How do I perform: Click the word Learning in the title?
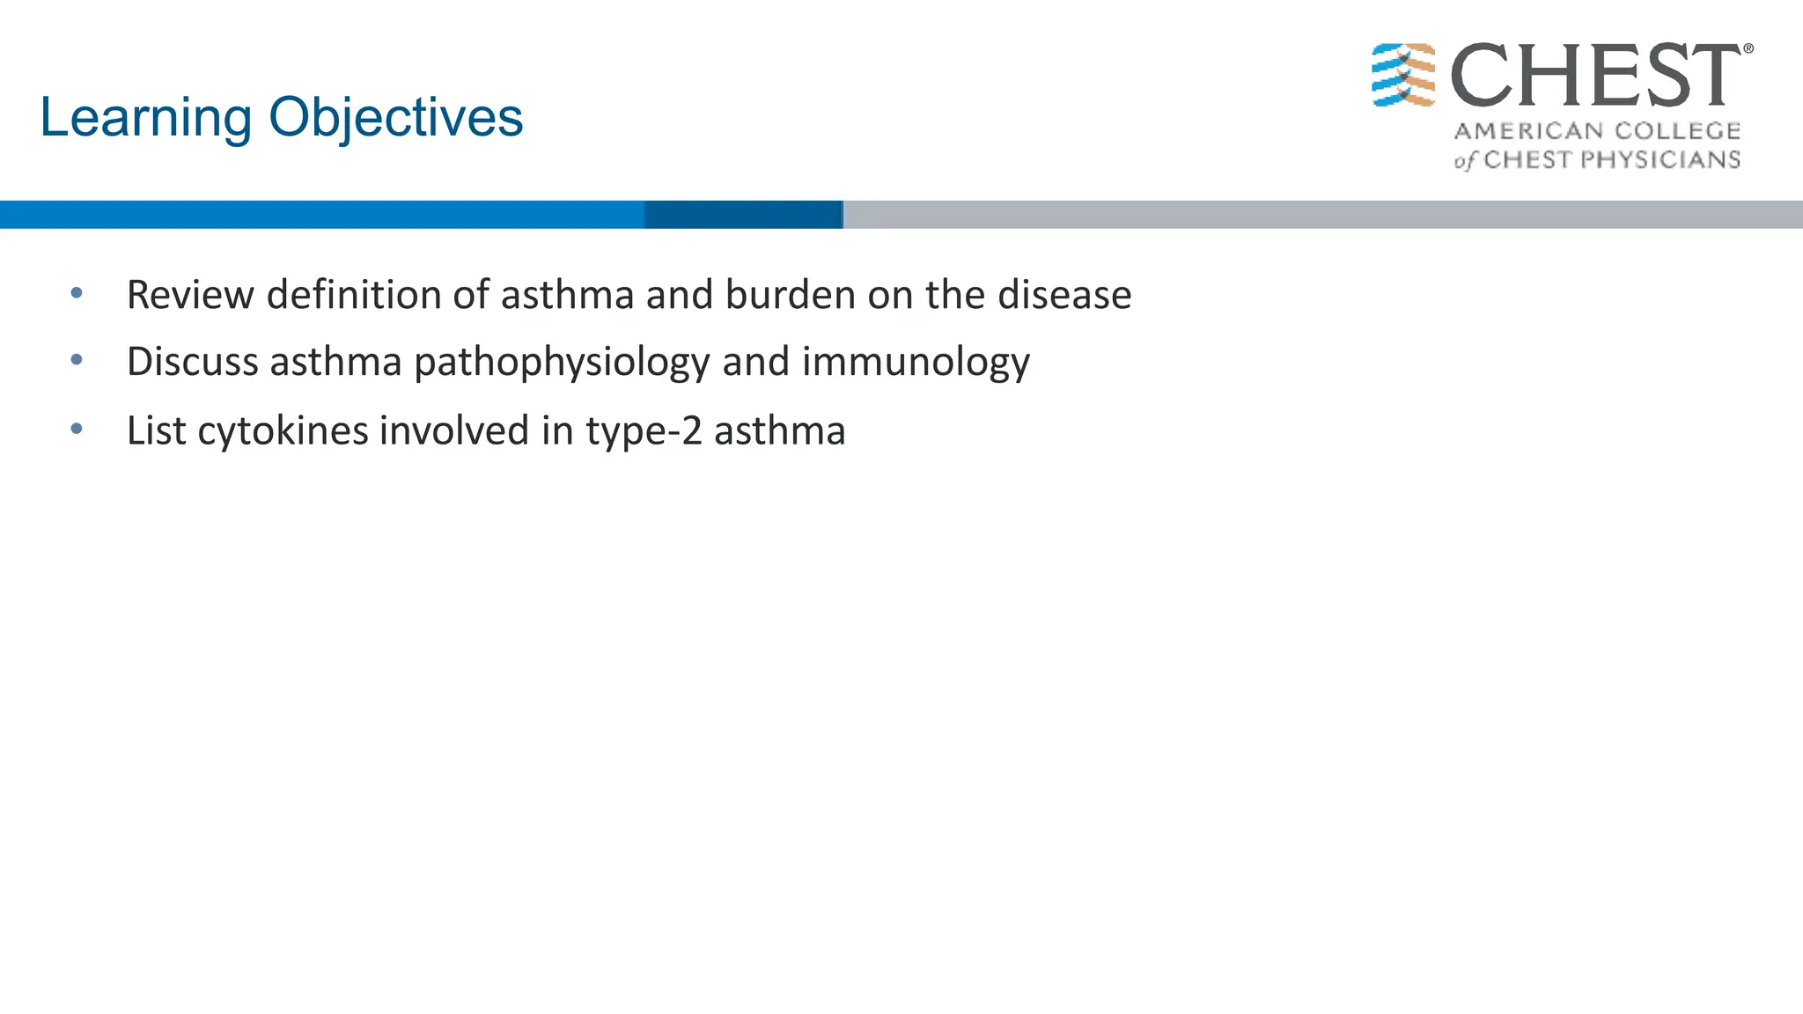pos(146,118)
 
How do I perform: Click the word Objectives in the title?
pos(395,118)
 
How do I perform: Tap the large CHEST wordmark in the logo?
pos(1595,76)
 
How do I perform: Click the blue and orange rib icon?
pos(1403,76)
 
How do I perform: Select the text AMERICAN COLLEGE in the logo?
pos(1597,131)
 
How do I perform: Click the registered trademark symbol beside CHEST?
pos(1748,49)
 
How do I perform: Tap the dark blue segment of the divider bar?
pos(743,215)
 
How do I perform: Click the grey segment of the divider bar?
pos(1321,215)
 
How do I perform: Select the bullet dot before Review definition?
pos(77,293)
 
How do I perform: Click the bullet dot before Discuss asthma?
pos(77,360)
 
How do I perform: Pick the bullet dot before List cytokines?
pos(77,429)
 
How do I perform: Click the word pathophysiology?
pos(561,363)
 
